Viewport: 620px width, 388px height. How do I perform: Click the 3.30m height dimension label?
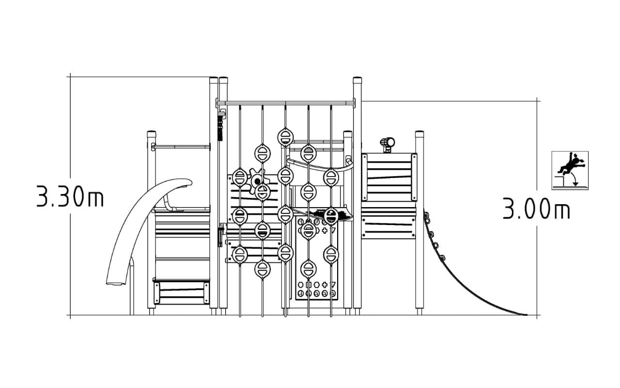coord(70,196)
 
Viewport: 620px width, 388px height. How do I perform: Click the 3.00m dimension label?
coord(536,209)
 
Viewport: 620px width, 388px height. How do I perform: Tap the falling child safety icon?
coord(570,170)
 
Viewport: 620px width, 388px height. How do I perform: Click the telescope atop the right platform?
coord(387,145)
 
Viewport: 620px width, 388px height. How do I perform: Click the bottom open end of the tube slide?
coord(116,283)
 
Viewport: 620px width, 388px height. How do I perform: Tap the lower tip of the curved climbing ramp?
coord(526,315)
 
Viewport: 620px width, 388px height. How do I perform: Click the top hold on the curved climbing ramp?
coord(427,215)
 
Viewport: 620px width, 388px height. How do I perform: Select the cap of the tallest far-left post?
coord(214,80)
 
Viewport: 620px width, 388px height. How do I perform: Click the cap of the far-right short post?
coord(419,133)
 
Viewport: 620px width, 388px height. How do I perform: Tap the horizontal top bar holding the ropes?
coord(285,103)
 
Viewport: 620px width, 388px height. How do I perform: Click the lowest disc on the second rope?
coord(263,269)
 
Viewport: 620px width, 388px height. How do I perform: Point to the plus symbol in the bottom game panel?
coord(325,285)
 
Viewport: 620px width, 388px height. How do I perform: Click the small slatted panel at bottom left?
coord(181,292)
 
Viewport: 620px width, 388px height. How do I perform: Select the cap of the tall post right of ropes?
coord(357,80)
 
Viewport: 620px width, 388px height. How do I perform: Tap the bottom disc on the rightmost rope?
coord(331,254)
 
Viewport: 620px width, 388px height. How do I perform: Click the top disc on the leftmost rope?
coord(240,177)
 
